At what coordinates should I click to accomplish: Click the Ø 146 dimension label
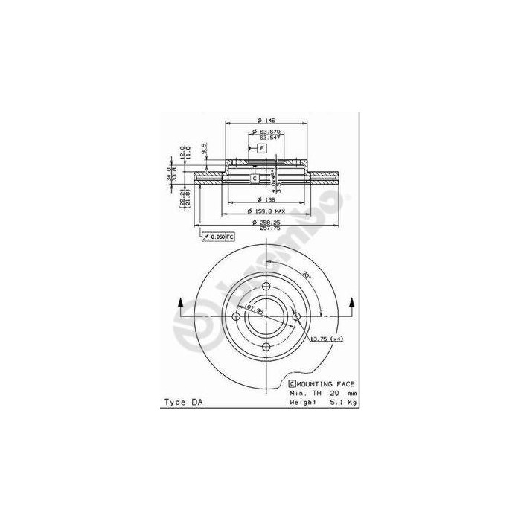pos(266,121)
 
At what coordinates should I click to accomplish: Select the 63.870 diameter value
pos(269,132)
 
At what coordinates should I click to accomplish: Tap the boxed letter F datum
pos(261,149)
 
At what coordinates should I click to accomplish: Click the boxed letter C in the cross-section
pos(254,179)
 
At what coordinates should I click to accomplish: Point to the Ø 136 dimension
pos(265,199)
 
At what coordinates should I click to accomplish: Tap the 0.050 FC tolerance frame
pos(220,236)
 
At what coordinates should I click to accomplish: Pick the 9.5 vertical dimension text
pos(203,148)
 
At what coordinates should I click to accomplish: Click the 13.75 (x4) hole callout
pos(327,339)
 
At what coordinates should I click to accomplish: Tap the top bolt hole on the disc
pos(266,287)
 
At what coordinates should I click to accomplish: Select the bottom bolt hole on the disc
pos(266,348)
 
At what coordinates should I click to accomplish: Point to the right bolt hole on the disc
pos(296,317)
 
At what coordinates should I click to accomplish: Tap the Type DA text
pos(182,402)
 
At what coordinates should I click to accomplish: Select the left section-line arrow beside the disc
pos(180,304)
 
